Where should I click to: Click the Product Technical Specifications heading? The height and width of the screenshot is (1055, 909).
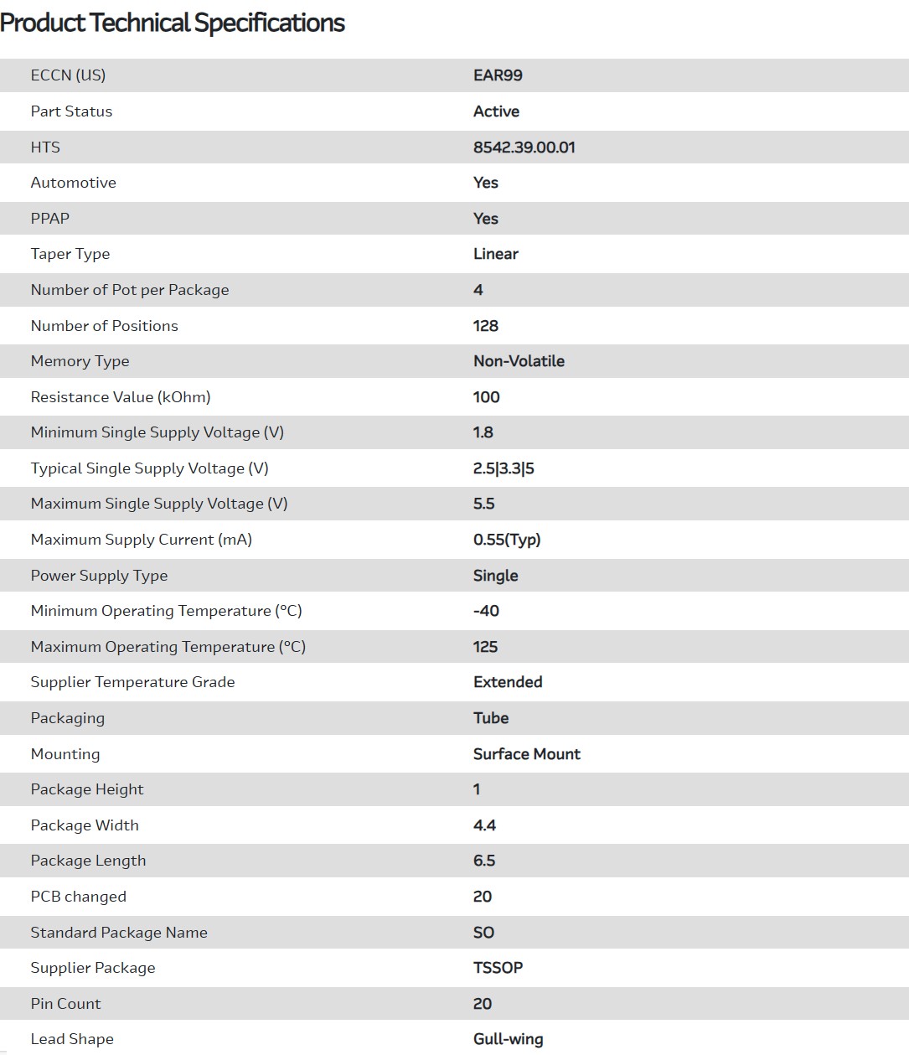tap(173, 23)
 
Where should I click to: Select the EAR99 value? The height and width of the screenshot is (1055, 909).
tap(498, 75)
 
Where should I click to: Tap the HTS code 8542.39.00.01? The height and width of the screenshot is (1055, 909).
tap(524, 147)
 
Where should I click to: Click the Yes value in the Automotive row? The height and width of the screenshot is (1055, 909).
tap(485, 183)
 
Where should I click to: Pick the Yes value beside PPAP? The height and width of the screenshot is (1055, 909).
tap(485, 219)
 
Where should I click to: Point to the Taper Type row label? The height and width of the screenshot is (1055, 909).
tap(70, 254)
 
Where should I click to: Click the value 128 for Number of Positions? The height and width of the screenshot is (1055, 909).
tap(485, 326)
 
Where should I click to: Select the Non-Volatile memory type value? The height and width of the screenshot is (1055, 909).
tap(519, 361)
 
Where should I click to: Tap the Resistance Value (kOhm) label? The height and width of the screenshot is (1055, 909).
tap(121, 397)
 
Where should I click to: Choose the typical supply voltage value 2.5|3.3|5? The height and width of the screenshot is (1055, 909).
tap(504, 468)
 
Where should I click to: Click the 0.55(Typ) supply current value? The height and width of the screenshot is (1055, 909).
tap(507, 540)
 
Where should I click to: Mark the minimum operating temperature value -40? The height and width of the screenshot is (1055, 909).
tap(486, 611)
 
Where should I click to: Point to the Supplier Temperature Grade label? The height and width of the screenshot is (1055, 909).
tap(132, 682)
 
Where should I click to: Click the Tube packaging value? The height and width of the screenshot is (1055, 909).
tap(491, 718)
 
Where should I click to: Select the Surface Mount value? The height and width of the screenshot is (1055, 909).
tap(526, 754)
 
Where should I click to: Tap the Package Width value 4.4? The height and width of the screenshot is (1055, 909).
tap(484, 825)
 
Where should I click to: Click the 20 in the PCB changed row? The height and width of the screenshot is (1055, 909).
tap(483, 897)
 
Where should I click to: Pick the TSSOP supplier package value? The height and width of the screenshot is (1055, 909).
tap(498, 968)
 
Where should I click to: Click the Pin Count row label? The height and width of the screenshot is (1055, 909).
tap(65, 1004)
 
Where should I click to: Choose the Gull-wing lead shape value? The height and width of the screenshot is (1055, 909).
tap(508, 1039)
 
